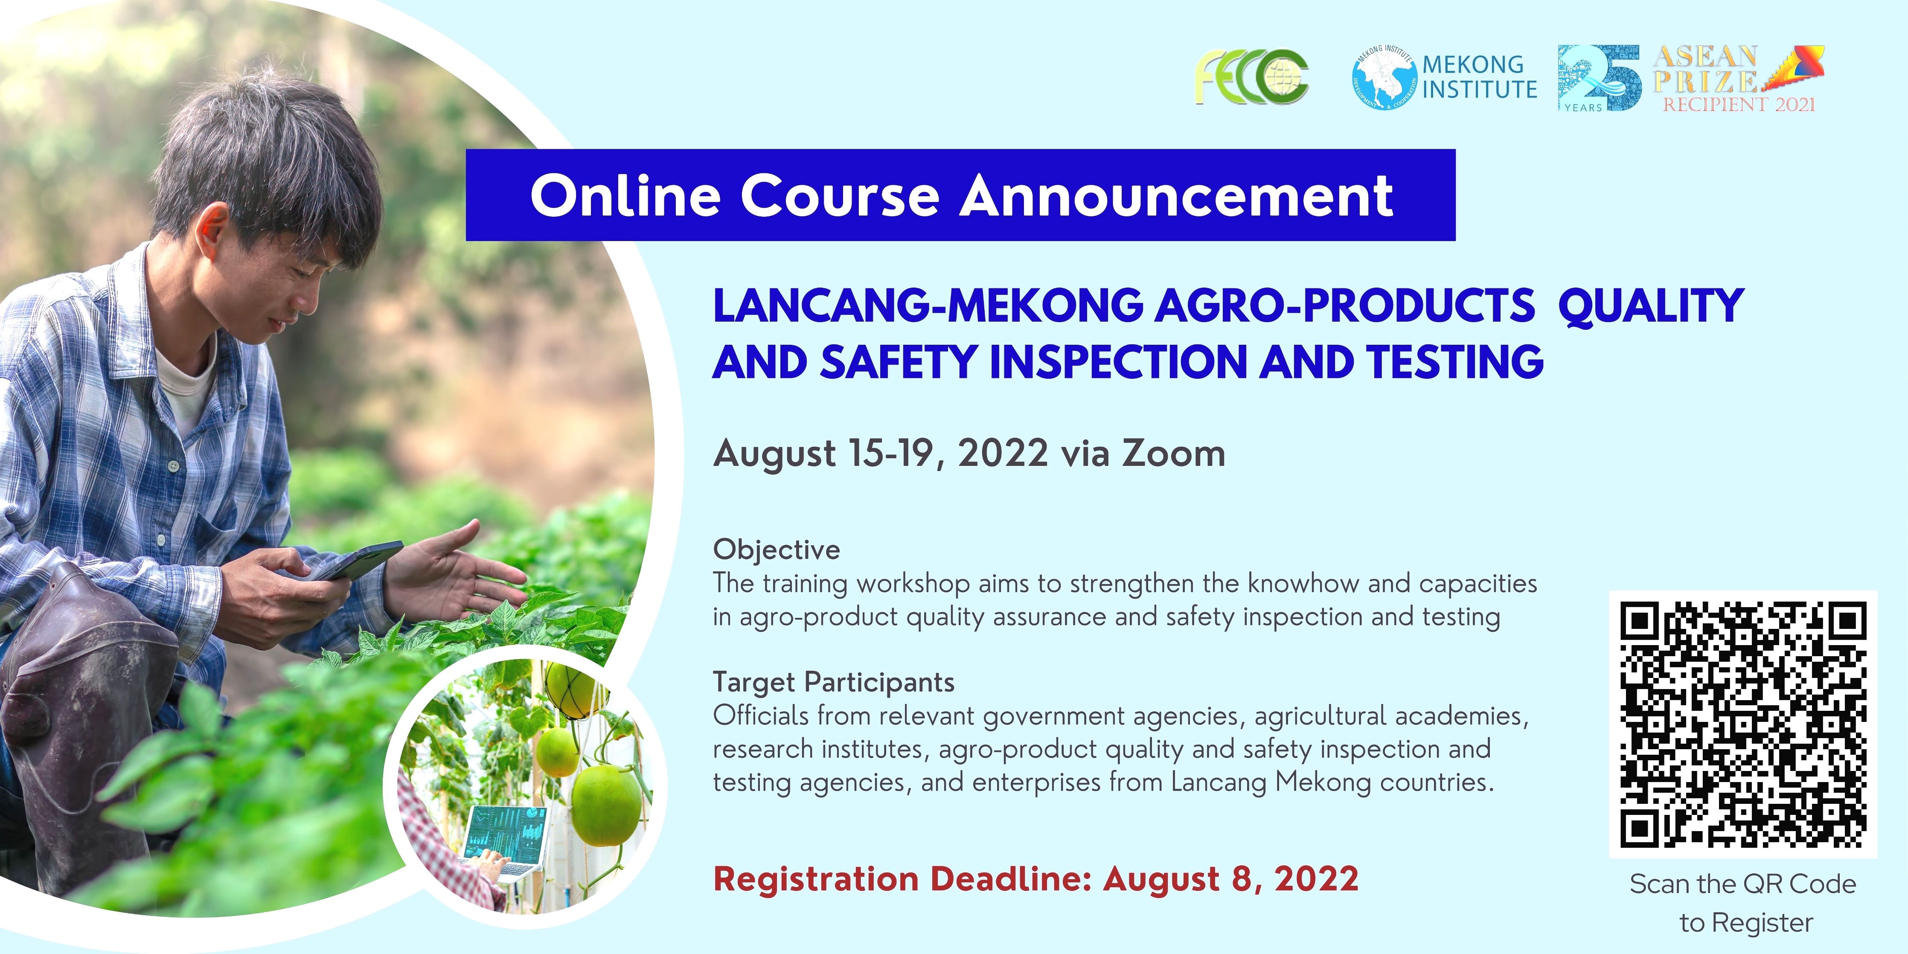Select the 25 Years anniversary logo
coord(1600,78)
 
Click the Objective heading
coord(776,550)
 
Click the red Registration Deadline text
coord(1035,879)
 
